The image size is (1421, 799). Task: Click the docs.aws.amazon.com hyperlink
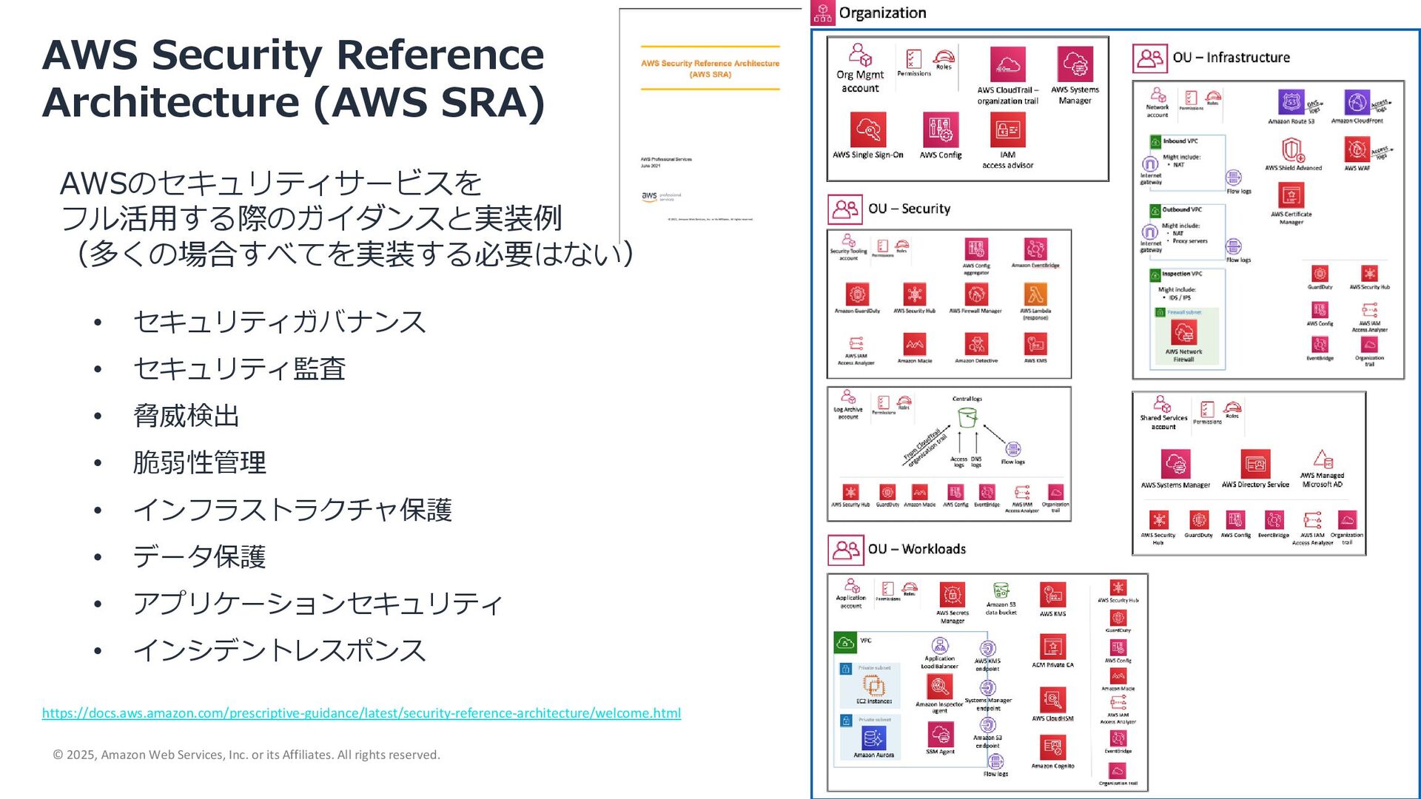point(361,713)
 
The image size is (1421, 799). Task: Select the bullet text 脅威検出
point(186,416)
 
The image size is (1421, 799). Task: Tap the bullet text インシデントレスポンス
point(279,650)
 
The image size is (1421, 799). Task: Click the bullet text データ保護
point(198,556)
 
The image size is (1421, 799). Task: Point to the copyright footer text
point(246,755)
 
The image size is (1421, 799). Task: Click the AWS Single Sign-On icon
point(867,130)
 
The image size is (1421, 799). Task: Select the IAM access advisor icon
point(1007,130)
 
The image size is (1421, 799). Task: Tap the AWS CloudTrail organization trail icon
point(1007,65)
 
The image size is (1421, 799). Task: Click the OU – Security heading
point(909,209)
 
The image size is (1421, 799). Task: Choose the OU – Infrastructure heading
point(1231,58)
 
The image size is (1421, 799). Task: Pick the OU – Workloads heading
point(916,549)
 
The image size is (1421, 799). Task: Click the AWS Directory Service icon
point(1255,464)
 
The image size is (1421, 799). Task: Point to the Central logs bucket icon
point(967,418)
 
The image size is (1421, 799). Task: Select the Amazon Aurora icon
point(873,738)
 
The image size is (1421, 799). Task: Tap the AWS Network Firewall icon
point(1183,333)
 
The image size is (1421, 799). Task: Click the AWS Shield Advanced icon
point(1292,150)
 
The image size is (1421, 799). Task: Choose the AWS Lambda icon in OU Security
point(1035,294)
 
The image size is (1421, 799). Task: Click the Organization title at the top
point(882,13)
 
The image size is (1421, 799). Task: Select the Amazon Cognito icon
point(1052,748)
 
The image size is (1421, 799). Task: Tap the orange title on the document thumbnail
point(710,68)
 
